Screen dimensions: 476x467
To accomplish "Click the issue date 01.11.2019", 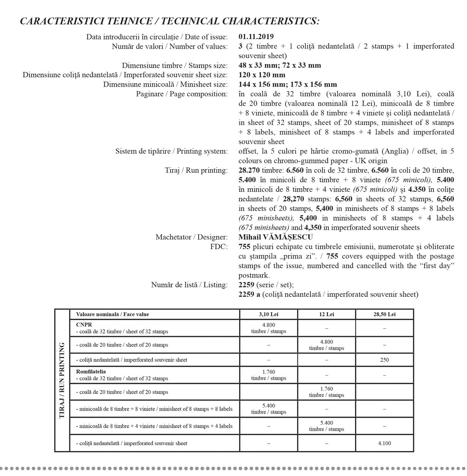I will coord(256,36).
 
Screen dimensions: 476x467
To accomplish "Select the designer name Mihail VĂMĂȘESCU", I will coord(276,237).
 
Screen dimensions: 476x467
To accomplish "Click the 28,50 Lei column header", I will coord(384,314).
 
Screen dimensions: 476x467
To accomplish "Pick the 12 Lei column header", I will coord(326,314).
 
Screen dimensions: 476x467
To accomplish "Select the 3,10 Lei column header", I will coord(268,314).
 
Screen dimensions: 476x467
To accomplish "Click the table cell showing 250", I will coord(384,360).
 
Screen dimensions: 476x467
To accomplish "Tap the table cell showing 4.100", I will coord(384,443).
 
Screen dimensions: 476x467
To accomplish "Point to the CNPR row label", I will coord(84,325).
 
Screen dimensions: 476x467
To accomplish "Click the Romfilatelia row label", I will coord(91,372).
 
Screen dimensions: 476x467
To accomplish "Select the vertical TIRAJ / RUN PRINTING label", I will coord(62,380).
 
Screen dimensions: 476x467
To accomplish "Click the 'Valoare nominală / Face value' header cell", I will coord(112,314).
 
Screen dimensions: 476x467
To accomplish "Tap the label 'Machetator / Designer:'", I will coord(191,237).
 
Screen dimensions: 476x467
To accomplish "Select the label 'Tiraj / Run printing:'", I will coord(196,170).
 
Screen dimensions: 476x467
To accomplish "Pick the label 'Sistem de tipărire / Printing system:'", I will coord(171,151).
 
